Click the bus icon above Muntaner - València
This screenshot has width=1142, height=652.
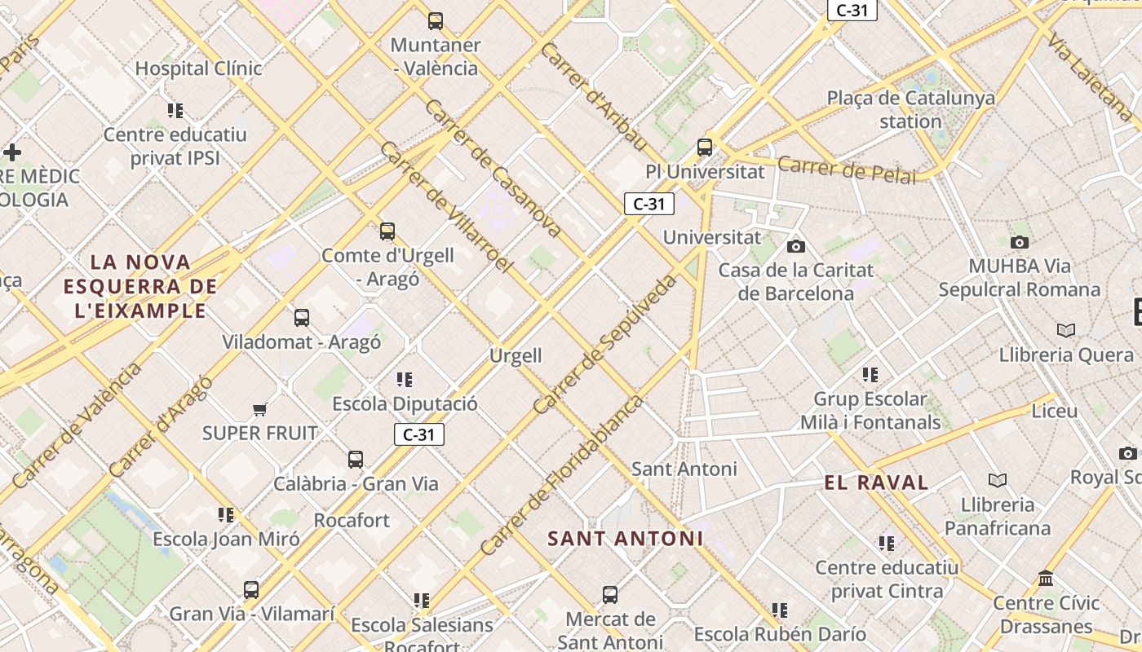tap(436, 21)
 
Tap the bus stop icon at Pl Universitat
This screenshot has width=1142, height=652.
tap(705, 148)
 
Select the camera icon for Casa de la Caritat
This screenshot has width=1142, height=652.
tap(796, 246)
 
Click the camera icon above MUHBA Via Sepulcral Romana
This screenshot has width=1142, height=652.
tap(1019, 242)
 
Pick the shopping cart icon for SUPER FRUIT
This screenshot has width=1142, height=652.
tap(259, 409)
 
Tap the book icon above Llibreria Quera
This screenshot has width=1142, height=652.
tap(1065, 330)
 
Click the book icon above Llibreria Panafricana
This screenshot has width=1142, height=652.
tap(997, 480)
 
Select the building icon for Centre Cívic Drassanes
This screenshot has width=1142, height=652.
tap(1046, 579)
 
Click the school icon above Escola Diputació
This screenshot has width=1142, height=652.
tap(405, 380)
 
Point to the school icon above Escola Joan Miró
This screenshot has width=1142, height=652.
tap(226, 515)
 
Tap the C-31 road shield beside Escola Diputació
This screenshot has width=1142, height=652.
tap(419, 434)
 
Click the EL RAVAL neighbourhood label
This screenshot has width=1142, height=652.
tap(876, 482)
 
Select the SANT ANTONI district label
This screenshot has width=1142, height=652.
tap(625, 539)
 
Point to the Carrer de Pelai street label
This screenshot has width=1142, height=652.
tap(847, 170)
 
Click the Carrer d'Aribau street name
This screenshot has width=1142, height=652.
tap(593, 97)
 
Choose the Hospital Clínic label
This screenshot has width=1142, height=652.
tap(198, 68)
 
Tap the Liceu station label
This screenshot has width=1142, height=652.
tap(1055, 411)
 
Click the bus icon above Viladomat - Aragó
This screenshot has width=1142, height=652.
tap(302, 318)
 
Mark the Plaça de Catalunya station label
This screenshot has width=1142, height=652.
tap(910, 110)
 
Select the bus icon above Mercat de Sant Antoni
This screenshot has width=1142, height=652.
tap(610, 595)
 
